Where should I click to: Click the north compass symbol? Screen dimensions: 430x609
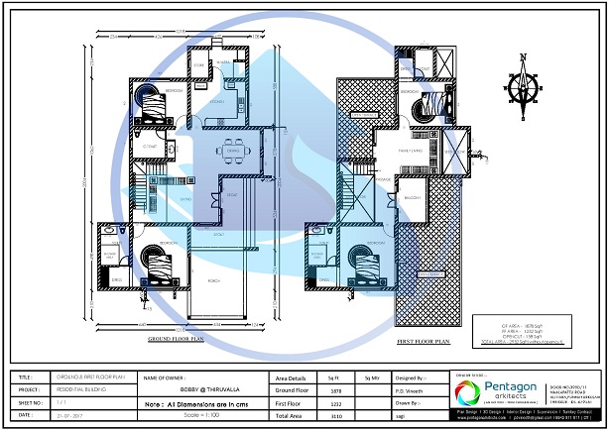[523, 84]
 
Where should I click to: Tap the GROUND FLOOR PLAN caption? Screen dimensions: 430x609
[176, 339]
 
